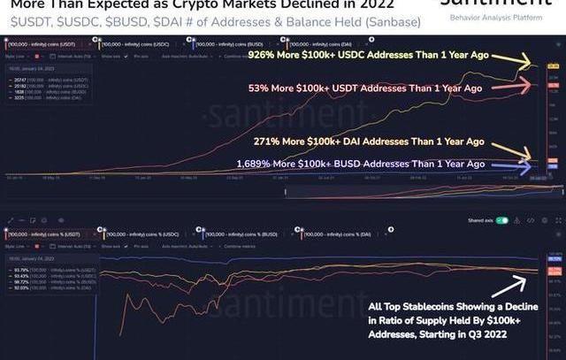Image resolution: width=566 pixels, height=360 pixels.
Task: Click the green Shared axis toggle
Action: pos(503,220)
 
